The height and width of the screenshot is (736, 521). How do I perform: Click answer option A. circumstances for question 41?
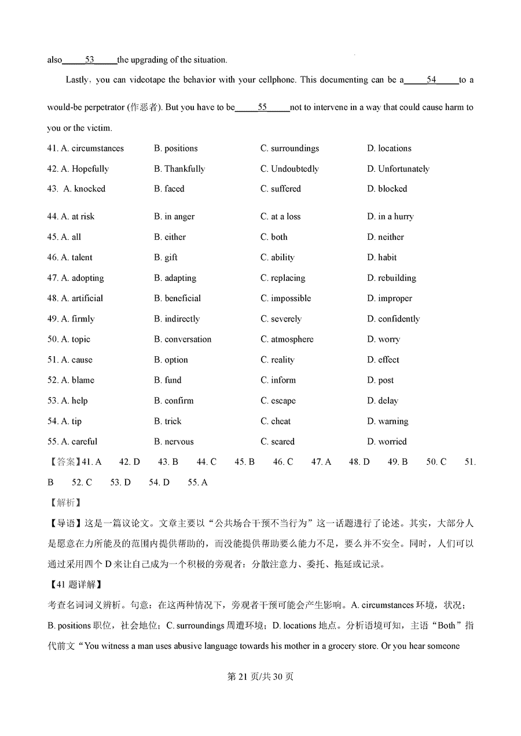tap(92, 149)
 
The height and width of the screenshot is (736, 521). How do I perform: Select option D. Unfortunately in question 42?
tap(398, 169)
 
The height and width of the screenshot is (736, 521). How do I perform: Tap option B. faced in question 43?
tap(169, 189)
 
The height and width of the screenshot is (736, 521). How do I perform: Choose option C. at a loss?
tap(280, 217)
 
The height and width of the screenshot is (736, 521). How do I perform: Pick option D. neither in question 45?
tap(385, 237)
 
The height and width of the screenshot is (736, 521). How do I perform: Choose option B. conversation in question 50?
tap(182, 339)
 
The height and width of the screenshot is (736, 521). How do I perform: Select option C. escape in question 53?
tap(278, 401)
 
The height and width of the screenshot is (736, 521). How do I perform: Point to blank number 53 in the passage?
tap(89, 60)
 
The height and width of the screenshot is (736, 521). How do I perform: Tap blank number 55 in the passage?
tap(262, 108)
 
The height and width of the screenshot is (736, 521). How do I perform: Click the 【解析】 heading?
tap(64, 503)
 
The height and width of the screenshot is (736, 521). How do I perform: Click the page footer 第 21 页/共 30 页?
tap(260, 676)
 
